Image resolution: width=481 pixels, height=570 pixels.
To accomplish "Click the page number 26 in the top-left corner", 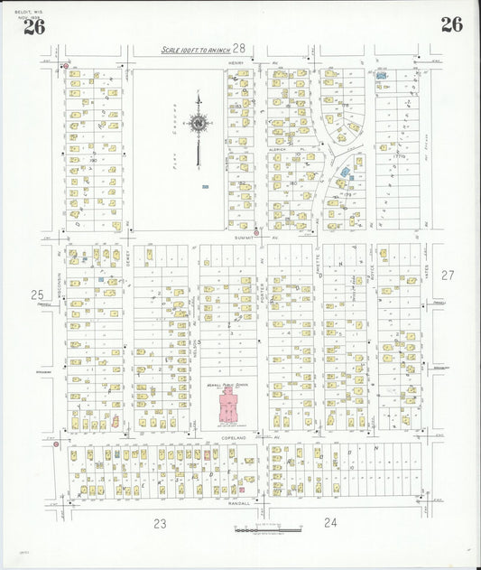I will click(x=33, y=26).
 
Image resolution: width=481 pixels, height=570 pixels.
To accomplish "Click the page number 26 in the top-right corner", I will click(x=451, y=24).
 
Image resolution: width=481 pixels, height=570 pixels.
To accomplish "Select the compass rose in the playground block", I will click(x=199, y=122).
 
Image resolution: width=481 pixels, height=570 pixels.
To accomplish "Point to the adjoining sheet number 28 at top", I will click(x=239, y=48).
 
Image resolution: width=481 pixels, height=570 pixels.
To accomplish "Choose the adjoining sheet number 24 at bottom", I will click(x=330, y=522).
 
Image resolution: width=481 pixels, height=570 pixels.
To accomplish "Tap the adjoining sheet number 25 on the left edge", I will click(x=37, y=294).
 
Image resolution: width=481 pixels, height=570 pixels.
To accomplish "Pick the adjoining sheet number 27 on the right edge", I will click(x=449, y=275).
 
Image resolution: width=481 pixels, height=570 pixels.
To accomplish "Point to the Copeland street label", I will click(x=233, y=436).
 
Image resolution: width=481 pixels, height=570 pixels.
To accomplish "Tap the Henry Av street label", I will click(x=237, y=63).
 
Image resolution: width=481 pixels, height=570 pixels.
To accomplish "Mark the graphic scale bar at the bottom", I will click(x=263, y=529).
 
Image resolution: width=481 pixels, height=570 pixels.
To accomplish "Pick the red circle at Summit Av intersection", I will click(x=256, y=232).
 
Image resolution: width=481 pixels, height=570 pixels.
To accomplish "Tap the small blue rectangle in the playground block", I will click(x=206, y=187).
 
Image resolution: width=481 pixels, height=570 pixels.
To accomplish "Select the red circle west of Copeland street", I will click(x=56, y=444).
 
